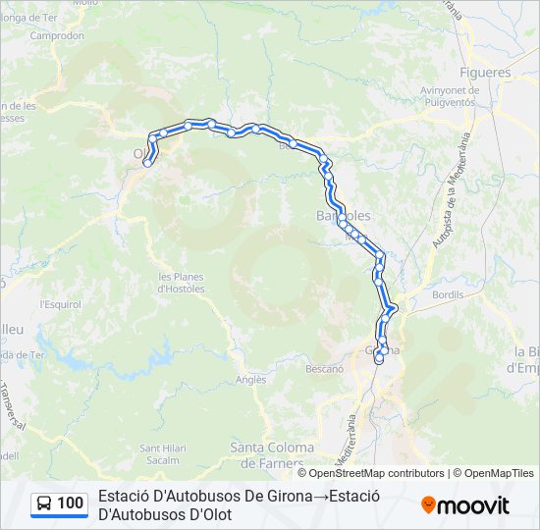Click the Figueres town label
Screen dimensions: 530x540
click(x=485, y=73)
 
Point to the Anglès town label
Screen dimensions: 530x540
click(x=250, y=380)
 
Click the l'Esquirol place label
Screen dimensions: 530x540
click(x=60, y=304)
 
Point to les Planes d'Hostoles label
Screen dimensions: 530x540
click(x=182, y=283)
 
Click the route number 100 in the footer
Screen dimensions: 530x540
click(x=71, y=503)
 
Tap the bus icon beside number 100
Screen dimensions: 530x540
click(x=44, y=503)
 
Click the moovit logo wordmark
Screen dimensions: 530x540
click(x=473, y=505)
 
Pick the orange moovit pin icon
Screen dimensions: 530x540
click(x=428, y=504)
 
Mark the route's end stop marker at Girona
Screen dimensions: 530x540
click(x=379, y=359)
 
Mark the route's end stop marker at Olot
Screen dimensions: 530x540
click(x=147, y=163)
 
